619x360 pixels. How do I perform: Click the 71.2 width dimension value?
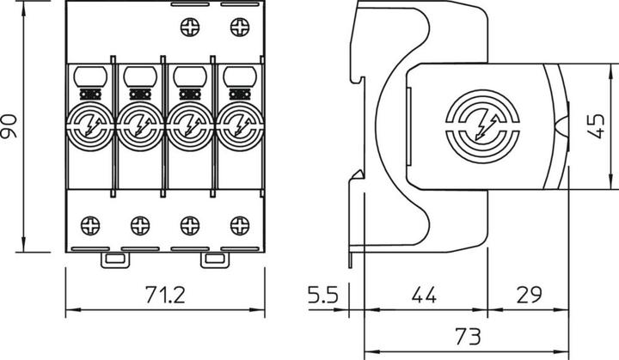(x=165, y=295)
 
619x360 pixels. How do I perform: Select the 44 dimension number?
(x=424, y=295)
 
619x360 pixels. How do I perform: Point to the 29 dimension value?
(x=528, y=295)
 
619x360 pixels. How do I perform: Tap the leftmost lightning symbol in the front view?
(x=90, y=129)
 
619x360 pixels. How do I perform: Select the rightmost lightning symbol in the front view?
(x=236, y=129)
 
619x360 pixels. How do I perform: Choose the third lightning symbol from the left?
(x=187, y=129)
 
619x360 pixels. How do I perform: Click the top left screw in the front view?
(x=189, y=28)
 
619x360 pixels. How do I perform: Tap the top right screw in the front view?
(x=236, y=28)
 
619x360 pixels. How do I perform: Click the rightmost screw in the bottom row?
(x=236, y=226)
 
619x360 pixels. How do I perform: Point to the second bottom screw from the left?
(x=139, y=226)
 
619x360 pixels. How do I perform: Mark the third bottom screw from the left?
(x=188, y=226)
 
